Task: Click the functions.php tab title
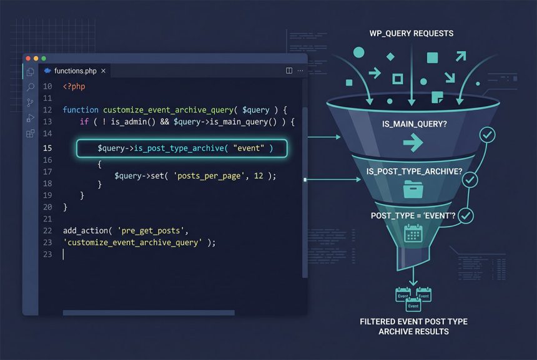(x=76, y=71)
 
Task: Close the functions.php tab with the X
(x=103, y=71)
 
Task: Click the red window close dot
(x=28, y=59)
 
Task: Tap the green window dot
(x=44, y=59)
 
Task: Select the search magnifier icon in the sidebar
(x=30, y=87)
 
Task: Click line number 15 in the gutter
(x=47, y=148)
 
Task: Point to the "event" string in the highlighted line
(x=249, y=148)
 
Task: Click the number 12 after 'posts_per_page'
(x=259, y=176)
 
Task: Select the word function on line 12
(x=81, y=110)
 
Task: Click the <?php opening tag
(x=74, y=86)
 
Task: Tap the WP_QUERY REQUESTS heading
(x=411, y=34)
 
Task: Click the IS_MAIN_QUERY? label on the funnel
(x=415, y=124)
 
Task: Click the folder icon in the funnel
(x=413, y=189)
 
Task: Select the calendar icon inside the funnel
(x=413, y=233)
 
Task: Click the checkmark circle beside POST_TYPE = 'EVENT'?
(x=466, y=216)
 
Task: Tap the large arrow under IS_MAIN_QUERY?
(x=413, y=142)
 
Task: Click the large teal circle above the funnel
(x=358, y=52)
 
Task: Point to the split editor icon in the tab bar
(x=289, y=71)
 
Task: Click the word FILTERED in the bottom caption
(x=377, y=322)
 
